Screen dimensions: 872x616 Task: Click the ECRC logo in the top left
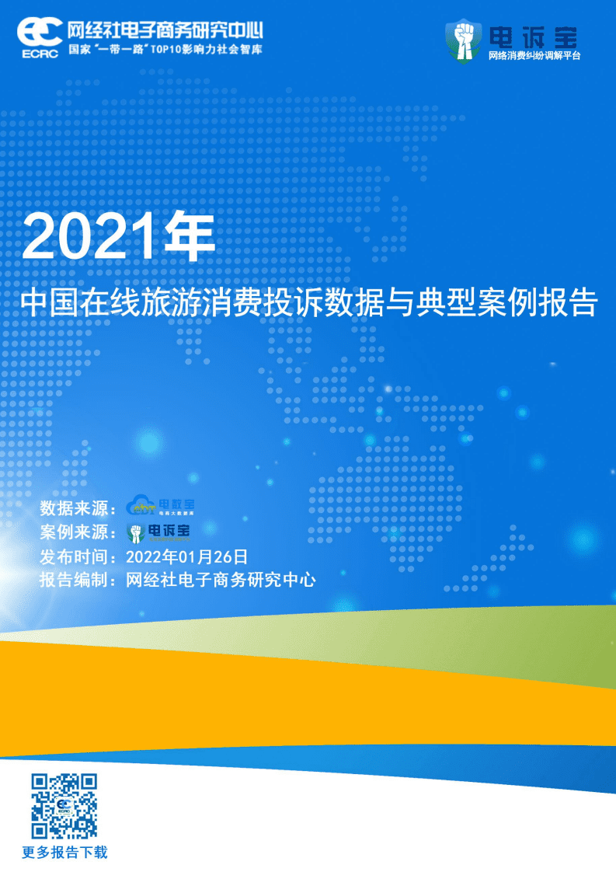click(x=39, y=36)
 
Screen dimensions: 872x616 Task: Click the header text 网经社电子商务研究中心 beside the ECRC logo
click(x=165, y=30)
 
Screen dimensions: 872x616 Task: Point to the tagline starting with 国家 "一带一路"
click(x=165, y=48)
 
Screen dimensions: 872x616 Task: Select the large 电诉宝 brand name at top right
click(x=533, y=36)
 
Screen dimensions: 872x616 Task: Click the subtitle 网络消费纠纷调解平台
click(x=534, y=56)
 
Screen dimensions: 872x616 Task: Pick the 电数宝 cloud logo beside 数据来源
click(x=161, y=507)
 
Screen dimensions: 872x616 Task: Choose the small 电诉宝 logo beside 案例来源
click(x=159, y=532)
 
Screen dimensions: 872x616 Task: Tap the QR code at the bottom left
click(x=64, y=805)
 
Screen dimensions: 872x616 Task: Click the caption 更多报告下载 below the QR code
click(x=64, y=853)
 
